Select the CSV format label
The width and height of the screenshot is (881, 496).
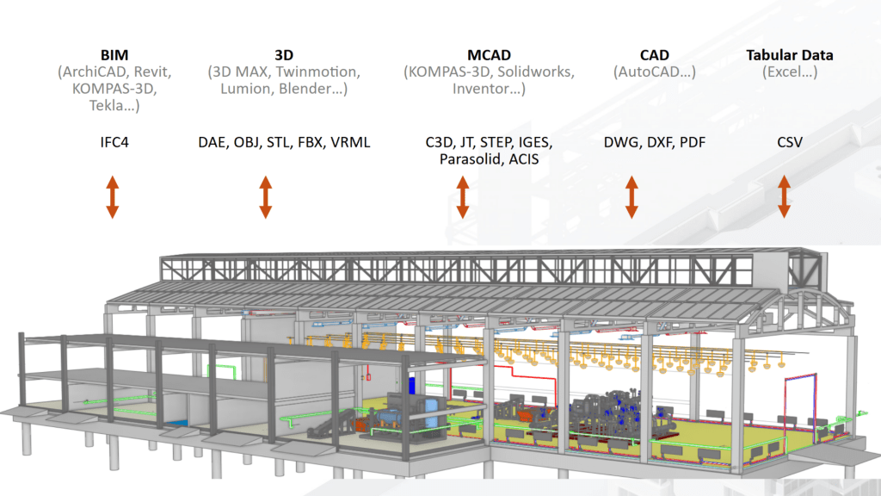pyautogui.click(x=790, y=142)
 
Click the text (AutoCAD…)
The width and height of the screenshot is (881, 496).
pyautogui.click(x=655, y=72)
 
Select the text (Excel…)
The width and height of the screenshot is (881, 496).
pyautogui.click(x=790, y=72)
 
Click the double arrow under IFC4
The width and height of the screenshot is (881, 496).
pyautogui.click(x=112, y=196)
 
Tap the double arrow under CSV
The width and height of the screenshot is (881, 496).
pyautogui.click(x=784, y=196)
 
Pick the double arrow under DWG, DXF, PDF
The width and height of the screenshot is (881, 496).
pyautogui.click(x=631, y=196)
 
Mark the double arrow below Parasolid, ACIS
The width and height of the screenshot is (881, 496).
pyautogui.click(x=462, y=196)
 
